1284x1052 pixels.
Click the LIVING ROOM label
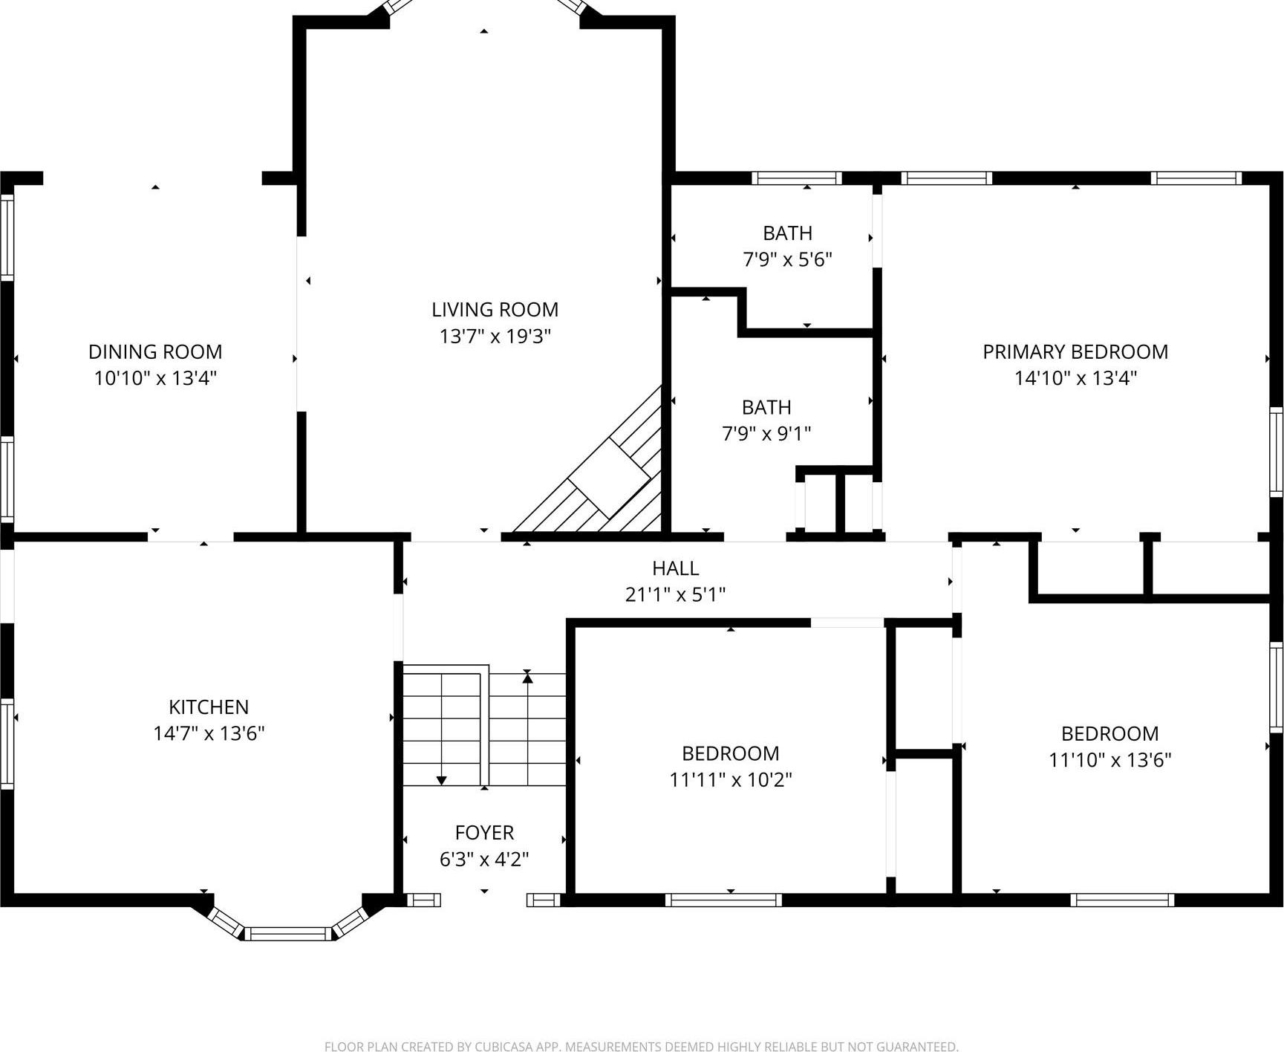[495, 309]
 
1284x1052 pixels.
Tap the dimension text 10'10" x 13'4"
[155, 378]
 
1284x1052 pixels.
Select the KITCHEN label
[209, 707]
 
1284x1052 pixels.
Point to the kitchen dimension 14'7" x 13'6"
[209, 733]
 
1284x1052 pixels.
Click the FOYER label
[484, 832]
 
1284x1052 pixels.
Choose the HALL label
[675, 568]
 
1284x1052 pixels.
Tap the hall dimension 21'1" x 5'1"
[675, 594]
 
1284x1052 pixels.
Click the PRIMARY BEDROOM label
[1075, 351]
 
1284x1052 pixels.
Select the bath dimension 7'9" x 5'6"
[787, 260]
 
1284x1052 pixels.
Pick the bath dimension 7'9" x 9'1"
[766, 433]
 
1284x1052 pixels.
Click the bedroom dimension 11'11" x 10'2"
[730, 780]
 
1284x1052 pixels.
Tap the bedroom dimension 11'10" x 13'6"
[1109, 760]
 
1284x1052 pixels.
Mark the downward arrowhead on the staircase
[441, 780]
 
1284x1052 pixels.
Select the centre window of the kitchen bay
[288, 933]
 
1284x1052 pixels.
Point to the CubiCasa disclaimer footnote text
[641, 1046]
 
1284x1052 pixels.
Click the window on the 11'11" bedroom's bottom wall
[723, 900]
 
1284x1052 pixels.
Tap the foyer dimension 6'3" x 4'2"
[484, 860]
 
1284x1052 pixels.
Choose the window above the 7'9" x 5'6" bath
[796, 178]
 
